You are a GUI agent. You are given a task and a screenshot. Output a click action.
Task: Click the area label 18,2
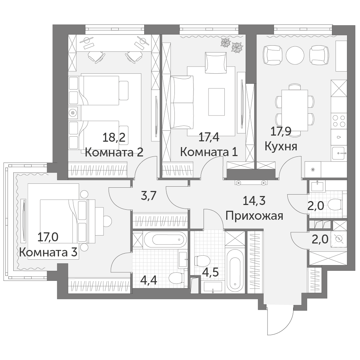pyautogui.click(x=114, y=138)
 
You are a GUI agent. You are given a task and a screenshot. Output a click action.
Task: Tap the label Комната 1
pyautogui.click(x=209, y=152)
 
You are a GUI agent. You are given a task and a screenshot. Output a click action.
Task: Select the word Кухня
pyautogui.click(x=281, y=146)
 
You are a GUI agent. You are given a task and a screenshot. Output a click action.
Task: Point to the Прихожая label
pyautogui.click(x=254, y=216)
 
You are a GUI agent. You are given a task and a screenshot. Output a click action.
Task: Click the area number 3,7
pyautogui.click(x=149, y=196)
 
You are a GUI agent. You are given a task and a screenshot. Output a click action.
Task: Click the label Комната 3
pyautogui.click(x=48, y=252)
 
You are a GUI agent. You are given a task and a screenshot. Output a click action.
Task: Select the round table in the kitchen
pyautogui.click(x=295, y=55)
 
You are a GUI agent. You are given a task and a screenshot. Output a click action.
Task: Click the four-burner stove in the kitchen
pyautogui.click(x=339, y=121)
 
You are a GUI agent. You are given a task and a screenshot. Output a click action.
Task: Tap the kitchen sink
pyautogui.click(x=339, y=153)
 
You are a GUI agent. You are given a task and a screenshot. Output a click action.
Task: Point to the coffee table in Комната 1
pyautogui.click(x=217, y=102)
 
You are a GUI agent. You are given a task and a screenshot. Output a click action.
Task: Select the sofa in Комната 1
pyautogui.click(x=182, y=102)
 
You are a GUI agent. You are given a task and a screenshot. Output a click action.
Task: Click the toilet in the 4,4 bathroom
pyautogui.click(x=176, y=278)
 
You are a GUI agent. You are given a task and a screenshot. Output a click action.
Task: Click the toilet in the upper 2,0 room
pyautogui.click(x=335, y=205)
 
